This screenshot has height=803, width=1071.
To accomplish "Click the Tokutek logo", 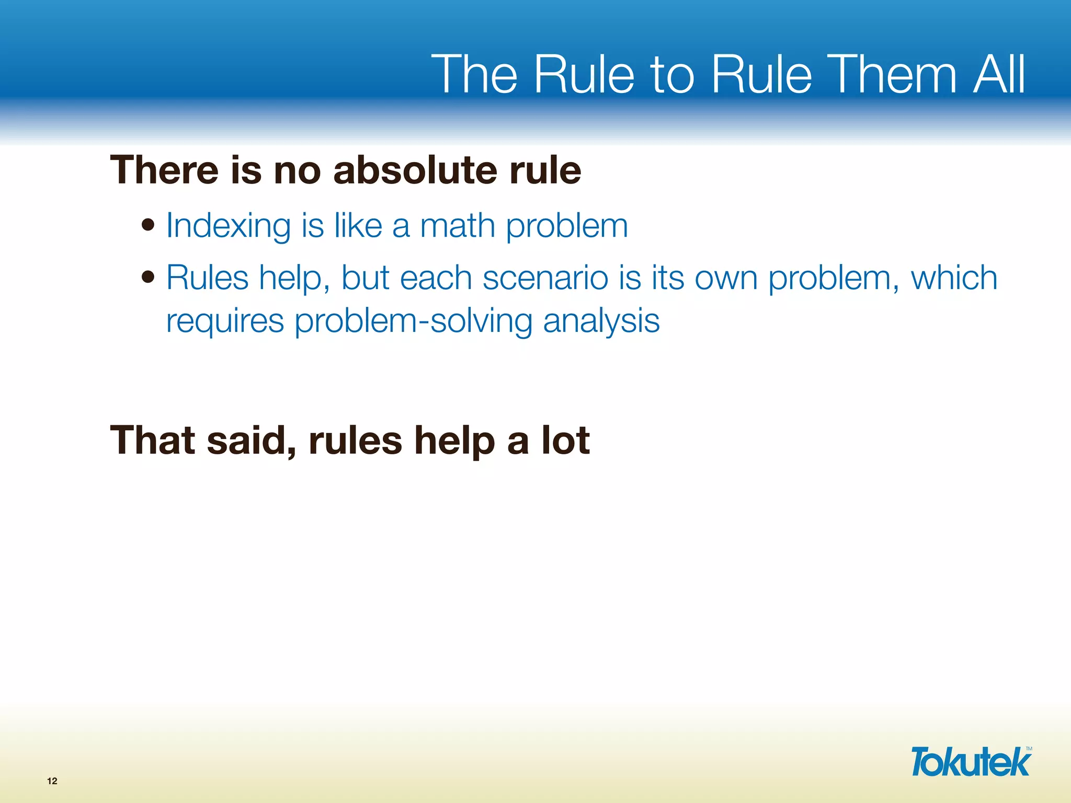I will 971,762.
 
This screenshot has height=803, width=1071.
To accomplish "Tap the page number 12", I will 52,781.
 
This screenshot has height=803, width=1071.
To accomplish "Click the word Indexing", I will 228,226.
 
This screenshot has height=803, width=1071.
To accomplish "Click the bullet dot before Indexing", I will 149,225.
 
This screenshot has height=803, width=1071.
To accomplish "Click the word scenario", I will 545,278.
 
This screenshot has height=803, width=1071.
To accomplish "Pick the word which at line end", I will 954,277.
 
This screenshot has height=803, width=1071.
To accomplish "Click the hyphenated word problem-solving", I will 413,321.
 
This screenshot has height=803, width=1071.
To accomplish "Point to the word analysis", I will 601,321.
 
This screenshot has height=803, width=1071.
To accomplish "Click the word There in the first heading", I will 164,170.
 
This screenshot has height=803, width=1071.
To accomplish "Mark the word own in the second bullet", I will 726,278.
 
